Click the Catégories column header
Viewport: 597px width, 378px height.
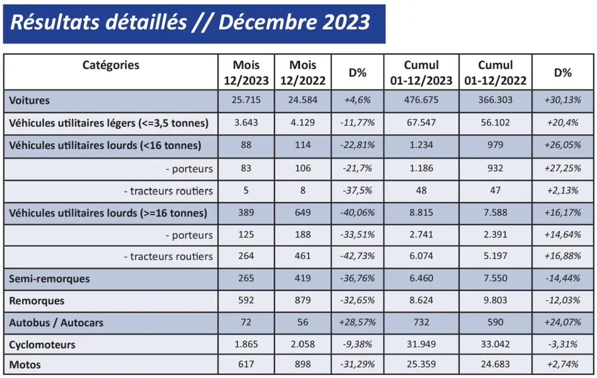tap(111, 65)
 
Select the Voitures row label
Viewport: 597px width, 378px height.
tap(30, 100)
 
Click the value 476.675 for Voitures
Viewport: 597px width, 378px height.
tap(420, 100)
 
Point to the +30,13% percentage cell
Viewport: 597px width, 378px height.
tap(562, 100)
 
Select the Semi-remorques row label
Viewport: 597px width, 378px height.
tap(50, 278)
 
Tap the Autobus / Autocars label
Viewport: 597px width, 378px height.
tap(56, 323)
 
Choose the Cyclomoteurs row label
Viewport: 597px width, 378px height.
tap(42, 345)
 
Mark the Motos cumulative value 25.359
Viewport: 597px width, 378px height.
tap(420, 364)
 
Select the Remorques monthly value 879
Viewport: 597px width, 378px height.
tap(302, 300)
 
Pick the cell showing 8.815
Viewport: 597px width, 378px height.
tap(420, 213)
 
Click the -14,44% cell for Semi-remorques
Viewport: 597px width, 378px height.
tap(562, 278)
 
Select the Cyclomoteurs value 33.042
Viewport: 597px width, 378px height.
tap(495, 345)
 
